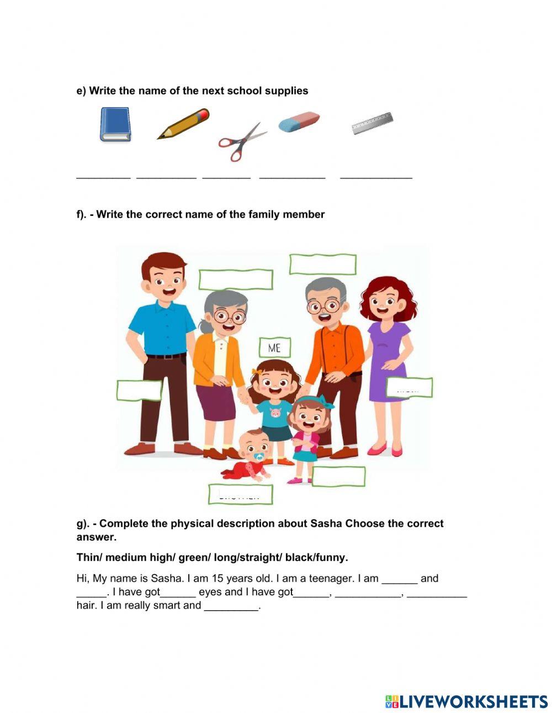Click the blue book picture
(115, 124)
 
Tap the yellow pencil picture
(183, 124)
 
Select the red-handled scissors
(241, 142)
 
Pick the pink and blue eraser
(299, 122)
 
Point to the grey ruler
(371, 123)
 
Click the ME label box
(274, 347)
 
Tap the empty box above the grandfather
(322, 265)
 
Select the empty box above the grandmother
(236, 279)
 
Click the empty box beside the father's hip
(139, 390)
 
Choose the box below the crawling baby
(241, 494)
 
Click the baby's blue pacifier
(258, 457)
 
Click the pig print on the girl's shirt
(274, 413)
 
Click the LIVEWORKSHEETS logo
(466, 701)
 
